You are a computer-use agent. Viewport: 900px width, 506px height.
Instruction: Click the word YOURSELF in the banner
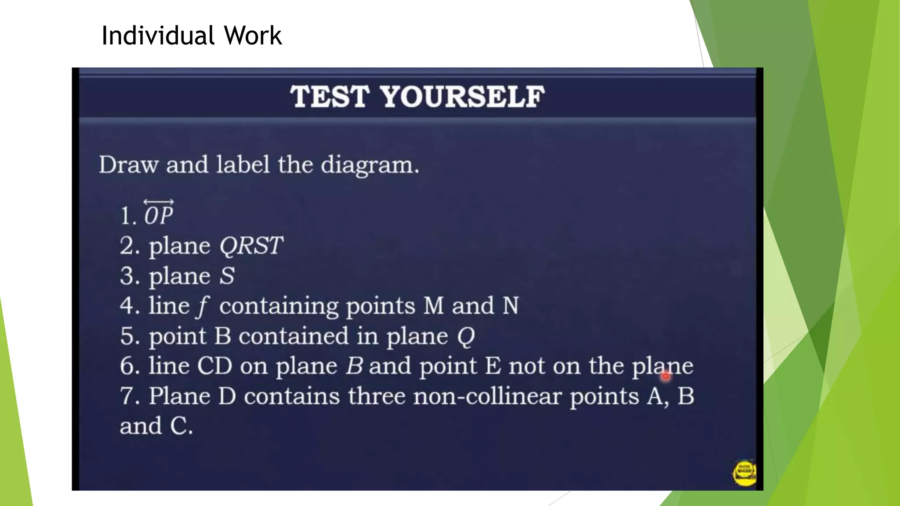pyautogui.click(x=463, y=97)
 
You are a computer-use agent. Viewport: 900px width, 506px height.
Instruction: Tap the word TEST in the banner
pyautogui.click(x=330, y=97)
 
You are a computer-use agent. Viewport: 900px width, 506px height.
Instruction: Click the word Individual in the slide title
pyautogui.click(x=158, y=36)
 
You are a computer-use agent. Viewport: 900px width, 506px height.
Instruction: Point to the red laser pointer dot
pyautogui.click(x=665, y=376)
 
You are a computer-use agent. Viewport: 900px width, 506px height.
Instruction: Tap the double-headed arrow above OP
pyautogui.click(x=159, y=202)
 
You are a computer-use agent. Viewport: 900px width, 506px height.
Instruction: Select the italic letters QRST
pyautogui.click(x=251, y=246)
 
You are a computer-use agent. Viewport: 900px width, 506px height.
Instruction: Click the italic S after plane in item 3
pyautogui.click(x=227, y=276)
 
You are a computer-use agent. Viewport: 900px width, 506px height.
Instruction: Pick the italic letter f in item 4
pyautogui.click(x=203, y=306)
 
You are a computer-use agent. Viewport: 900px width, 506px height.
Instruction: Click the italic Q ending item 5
pyautogui.click(x=466, y=337)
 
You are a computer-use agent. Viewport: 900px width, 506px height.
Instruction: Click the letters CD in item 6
pyautogui.click(x=214, y=366)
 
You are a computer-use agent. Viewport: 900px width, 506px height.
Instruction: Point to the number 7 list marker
pyautogui.click(x=129, y=396)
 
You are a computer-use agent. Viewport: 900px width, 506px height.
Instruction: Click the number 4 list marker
pyautogui.click(x=129, y=306)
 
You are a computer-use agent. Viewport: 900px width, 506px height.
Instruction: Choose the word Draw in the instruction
pyautogui.click(x=128, y=165)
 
